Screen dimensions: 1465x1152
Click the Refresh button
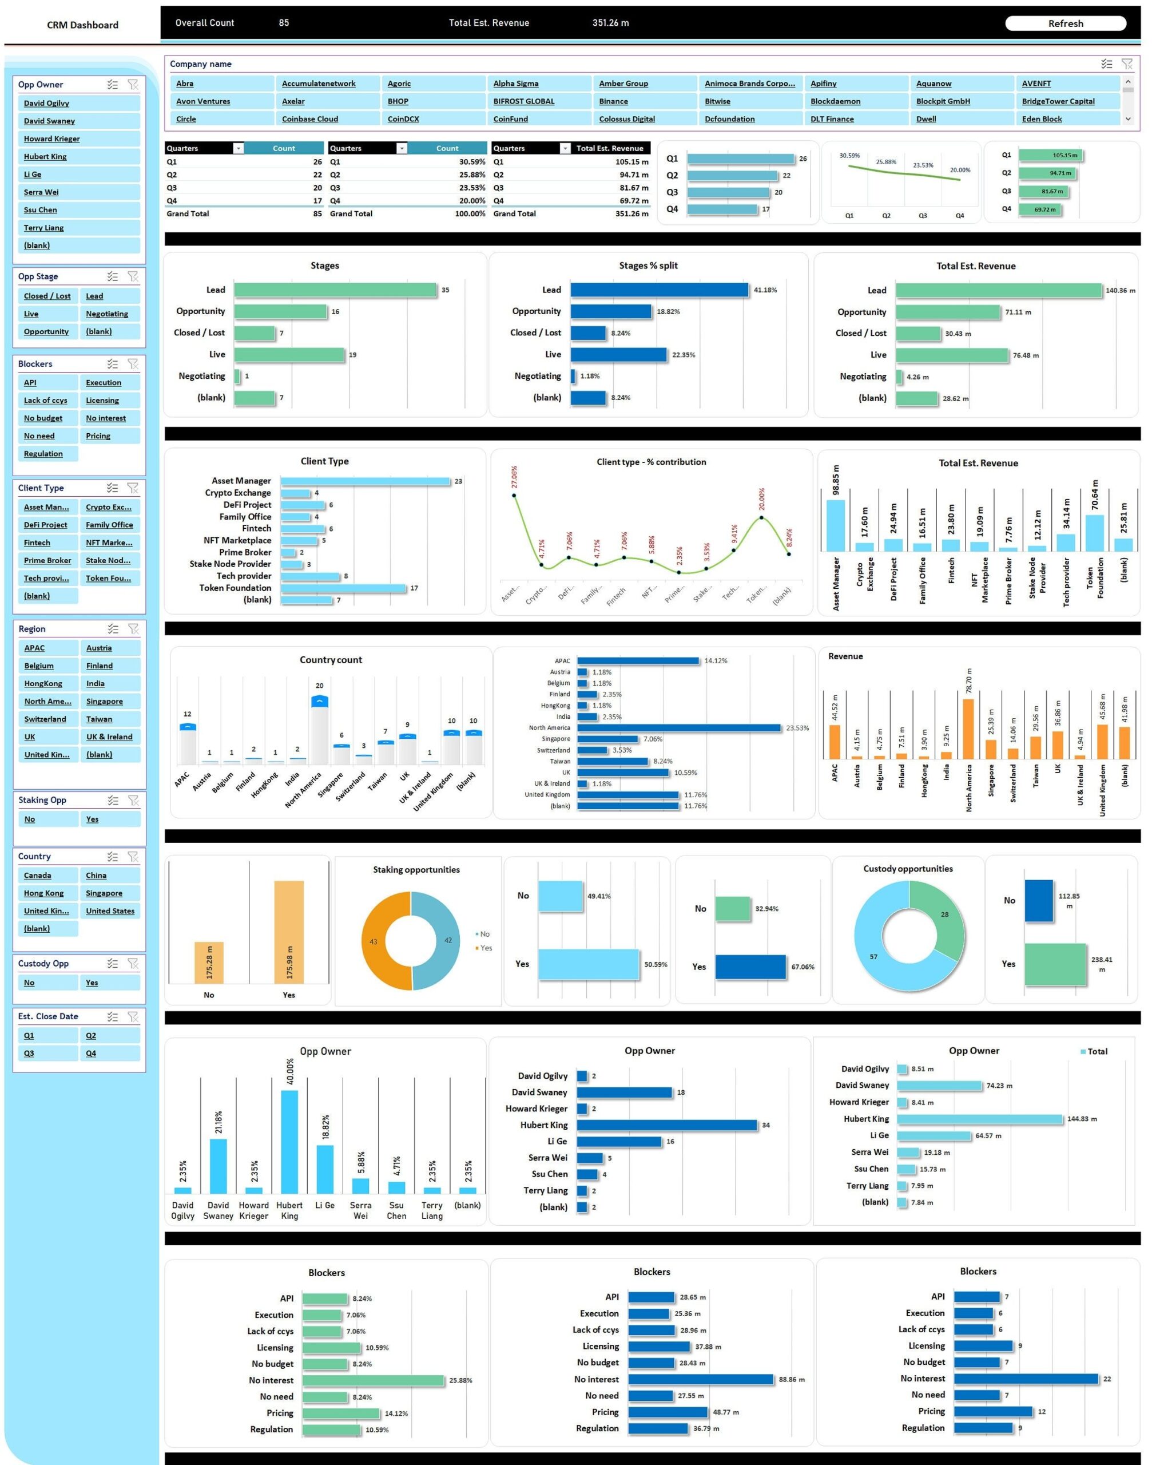1065,23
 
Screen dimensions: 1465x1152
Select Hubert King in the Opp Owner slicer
45,157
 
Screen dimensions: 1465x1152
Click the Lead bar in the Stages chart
335,290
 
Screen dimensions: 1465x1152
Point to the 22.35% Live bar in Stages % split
618,355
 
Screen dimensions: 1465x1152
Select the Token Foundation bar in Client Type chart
343,588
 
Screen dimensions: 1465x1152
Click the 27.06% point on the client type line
514,496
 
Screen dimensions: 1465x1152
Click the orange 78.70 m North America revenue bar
968,729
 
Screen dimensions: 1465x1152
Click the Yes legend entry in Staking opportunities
485,948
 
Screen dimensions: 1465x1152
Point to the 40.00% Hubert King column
289,1141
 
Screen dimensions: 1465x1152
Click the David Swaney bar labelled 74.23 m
939,1086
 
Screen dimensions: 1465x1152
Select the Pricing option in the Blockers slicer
98,436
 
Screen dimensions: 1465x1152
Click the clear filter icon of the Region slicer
133,629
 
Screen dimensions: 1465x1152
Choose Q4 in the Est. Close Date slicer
91,1054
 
